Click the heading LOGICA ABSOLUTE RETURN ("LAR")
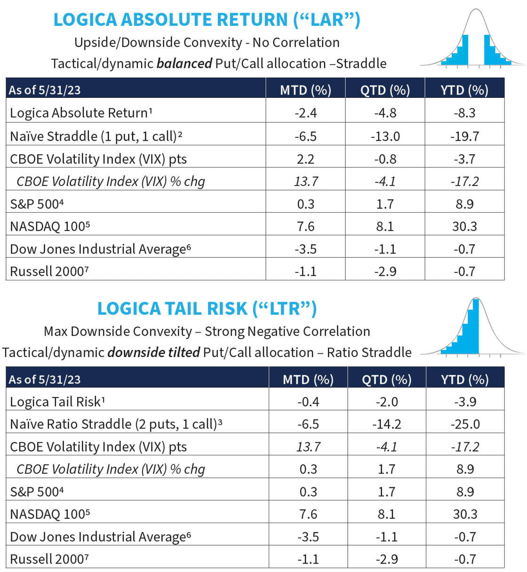pyautogui.click(x=207, y=20)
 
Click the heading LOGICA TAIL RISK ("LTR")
pyautogui.click(x=207, y=309)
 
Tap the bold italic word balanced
pyautogui.click(x=184, y=64)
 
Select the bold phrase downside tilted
pyautogui.click(x=154, y=352)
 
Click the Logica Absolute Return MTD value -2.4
pyautogui.click(x=305, y=113)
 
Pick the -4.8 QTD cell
pyautogui.click(x=385, y=113)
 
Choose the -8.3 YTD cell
pyautogui.click(x=464, y=113)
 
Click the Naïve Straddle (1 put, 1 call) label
pyautogui.click(x=96, y=136)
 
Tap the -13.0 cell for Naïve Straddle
pyautogui.click(x=385, y=136)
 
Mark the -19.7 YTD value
pyautogui.click(x=464, y=136)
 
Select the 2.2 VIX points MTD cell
pyautogui.click(x=305, y=159)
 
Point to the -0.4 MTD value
pyautogui.click(x=308, y=402)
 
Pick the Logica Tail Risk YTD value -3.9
pyautogui.click(x=465, y=402)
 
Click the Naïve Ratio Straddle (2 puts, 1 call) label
pyautogui.click(x=116, y=424)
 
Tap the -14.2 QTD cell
pyautogui.click(x=386, y=424)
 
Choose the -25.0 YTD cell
pyautogui.click(x=465, y=424)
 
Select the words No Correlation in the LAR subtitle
pyautogui.click(x=296, y=42)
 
